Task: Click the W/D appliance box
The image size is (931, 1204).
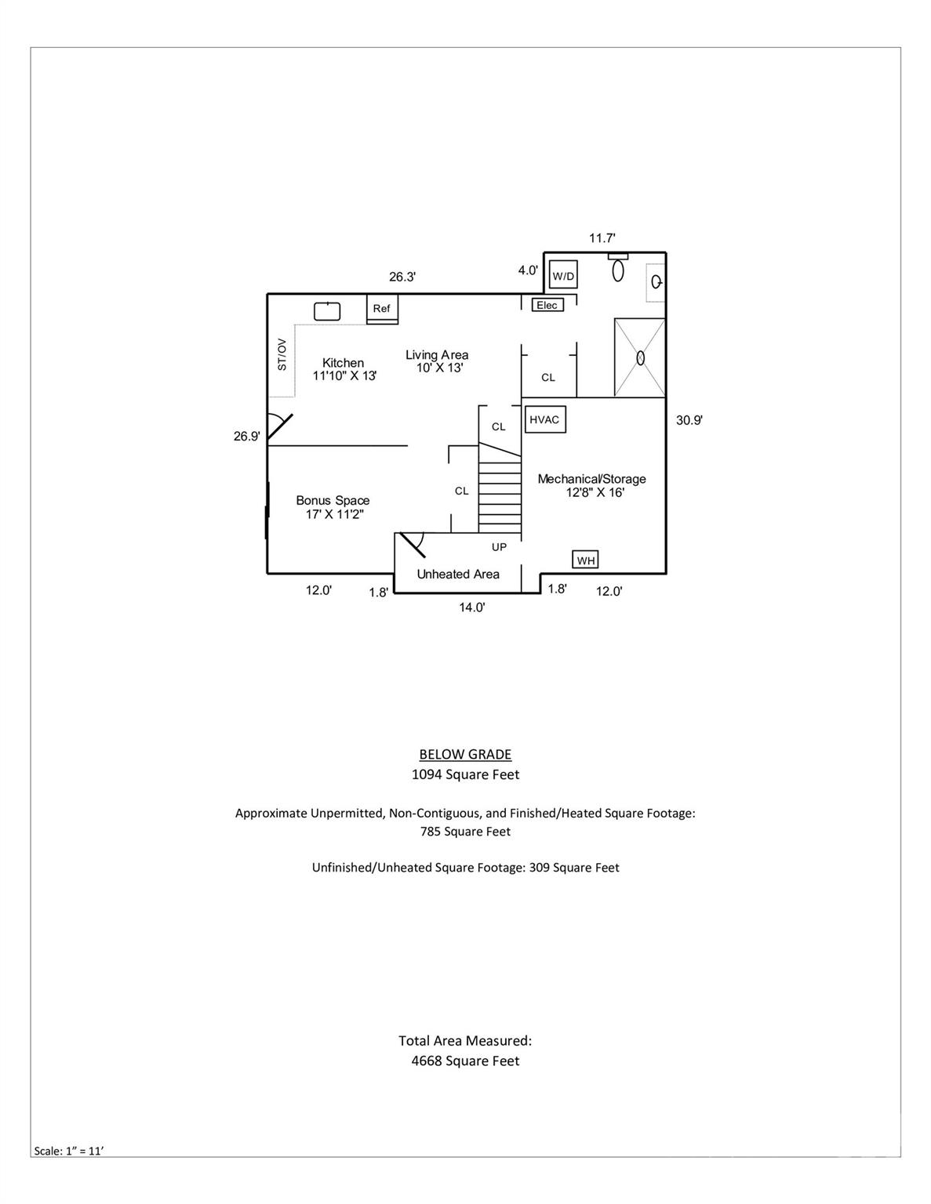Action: (563, 275)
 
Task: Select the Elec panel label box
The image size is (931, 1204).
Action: (547, 305)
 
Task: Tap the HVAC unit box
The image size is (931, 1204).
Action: (544, 419)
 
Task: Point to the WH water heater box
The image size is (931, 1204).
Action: (586, 560)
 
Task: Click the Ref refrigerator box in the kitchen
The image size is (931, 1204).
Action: (382, 308)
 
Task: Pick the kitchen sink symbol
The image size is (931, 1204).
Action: (327, 311)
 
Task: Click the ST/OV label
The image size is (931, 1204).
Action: (282, 354)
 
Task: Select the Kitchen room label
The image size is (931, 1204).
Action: (344, 363)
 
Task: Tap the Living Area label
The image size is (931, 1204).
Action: (437, 355)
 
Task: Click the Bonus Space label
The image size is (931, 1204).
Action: (333, 500)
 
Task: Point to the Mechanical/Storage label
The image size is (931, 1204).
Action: (592, 479)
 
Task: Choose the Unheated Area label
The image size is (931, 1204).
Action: (458, 574)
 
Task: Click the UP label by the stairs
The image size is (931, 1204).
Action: (499, 547)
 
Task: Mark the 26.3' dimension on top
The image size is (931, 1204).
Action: (402, 277)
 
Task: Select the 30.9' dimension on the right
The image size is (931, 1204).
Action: (689, 420)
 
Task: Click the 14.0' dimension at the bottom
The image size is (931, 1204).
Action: (472, 607)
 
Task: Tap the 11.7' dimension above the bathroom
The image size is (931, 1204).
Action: (602, 238)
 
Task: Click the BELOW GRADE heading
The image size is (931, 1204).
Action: (465, 754)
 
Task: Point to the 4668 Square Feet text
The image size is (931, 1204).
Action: (465, 1061)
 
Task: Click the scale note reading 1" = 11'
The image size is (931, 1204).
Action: (69, 1151)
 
